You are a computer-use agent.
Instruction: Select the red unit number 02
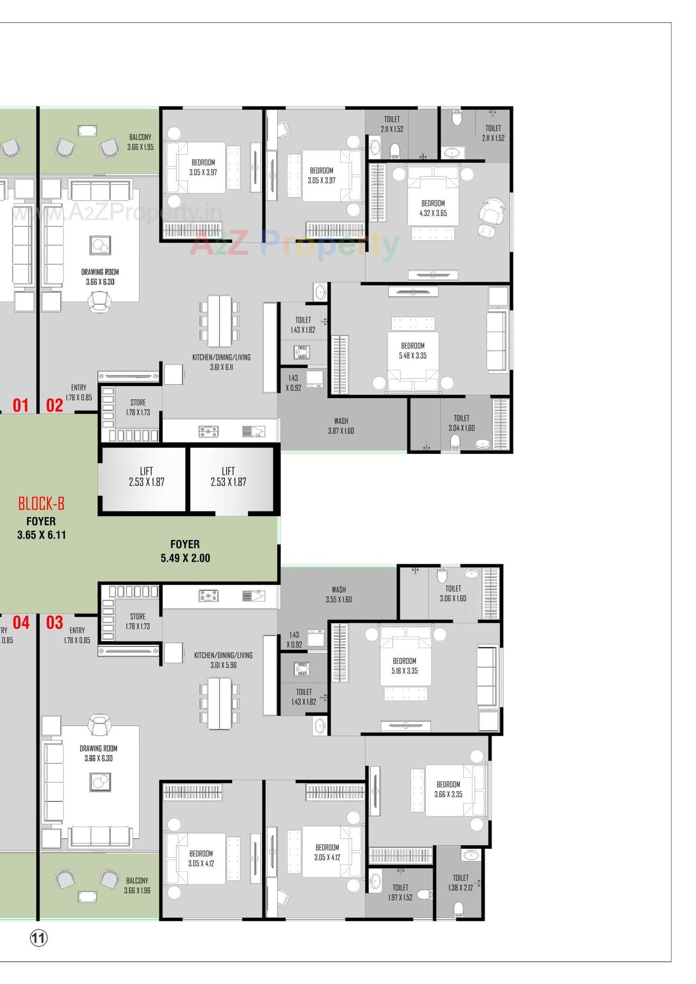(x=54, y=405)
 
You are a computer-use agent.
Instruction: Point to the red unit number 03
(x=54, y=622)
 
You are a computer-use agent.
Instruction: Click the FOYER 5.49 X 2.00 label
(x=185, y=551)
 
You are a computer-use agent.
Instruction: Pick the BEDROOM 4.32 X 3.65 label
(x=433, y=208)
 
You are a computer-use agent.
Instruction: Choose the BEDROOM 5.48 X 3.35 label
(x=413, y=351)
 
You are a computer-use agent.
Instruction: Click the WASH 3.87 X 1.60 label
(x=341, y=426)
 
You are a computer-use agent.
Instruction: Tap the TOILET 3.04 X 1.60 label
(x=461, y=423)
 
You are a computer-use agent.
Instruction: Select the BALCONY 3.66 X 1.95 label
(x=140, y=142)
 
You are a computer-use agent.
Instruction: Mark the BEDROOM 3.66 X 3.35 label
(x=448, y=789)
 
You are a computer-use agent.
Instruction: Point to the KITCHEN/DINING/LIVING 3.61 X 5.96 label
(x=223, y=660)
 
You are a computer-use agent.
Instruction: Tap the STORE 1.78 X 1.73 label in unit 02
(x=138, y=407)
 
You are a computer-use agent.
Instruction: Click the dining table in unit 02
(x=219, y=321)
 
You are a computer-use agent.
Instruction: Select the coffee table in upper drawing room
(x=100, y=245)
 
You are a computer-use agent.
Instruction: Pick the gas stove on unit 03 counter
(x=208, y=596)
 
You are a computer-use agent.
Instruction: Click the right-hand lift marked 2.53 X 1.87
(x=228, y=476)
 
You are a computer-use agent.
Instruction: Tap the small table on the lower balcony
(x=87, y=896)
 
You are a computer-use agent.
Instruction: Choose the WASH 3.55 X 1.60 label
(x=339, y=595)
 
